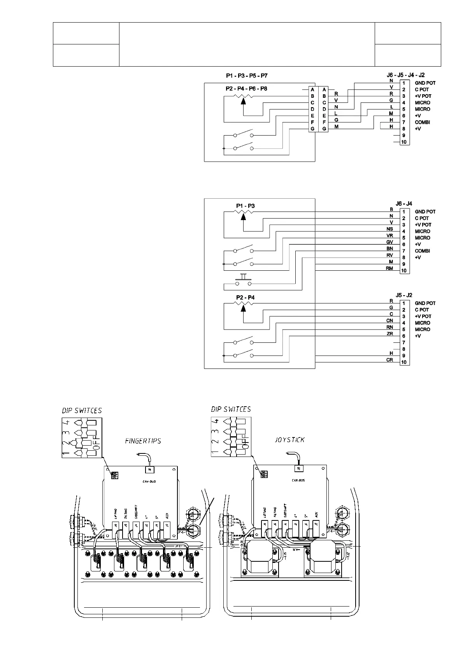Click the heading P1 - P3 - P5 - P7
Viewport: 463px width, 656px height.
click(247, 75)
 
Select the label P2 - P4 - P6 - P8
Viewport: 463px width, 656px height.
click(246, 88)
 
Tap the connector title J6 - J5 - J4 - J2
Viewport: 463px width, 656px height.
click(405, 75)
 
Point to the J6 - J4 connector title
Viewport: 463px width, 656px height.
click(404, 203)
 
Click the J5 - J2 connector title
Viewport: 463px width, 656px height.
click(404, 295)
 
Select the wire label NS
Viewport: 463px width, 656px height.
click(389, 229)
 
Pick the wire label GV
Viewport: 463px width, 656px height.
click(389, 242)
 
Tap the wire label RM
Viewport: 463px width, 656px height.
click(389, 268)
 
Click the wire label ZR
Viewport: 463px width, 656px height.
click(389, 334)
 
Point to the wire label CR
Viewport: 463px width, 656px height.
click(389, 360)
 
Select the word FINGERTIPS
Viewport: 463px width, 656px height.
click(143, 441)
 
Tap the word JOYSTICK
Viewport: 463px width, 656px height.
click(289, 440)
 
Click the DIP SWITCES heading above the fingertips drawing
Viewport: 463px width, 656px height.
click(82, 411)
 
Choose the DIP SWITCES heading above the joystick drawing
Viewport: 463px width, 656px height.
click(231, 409)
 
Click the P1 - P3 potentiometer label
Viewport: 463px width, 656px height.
click(245, 206)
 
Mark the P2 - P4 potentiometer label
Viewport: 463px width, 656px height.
click(245, 298)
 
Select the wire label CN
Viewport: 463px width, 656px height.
click(389, 321)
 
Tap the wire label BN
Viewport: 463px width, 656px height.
click(389, 249)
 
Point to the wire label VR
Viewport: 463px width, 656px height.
click(389, 236)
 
